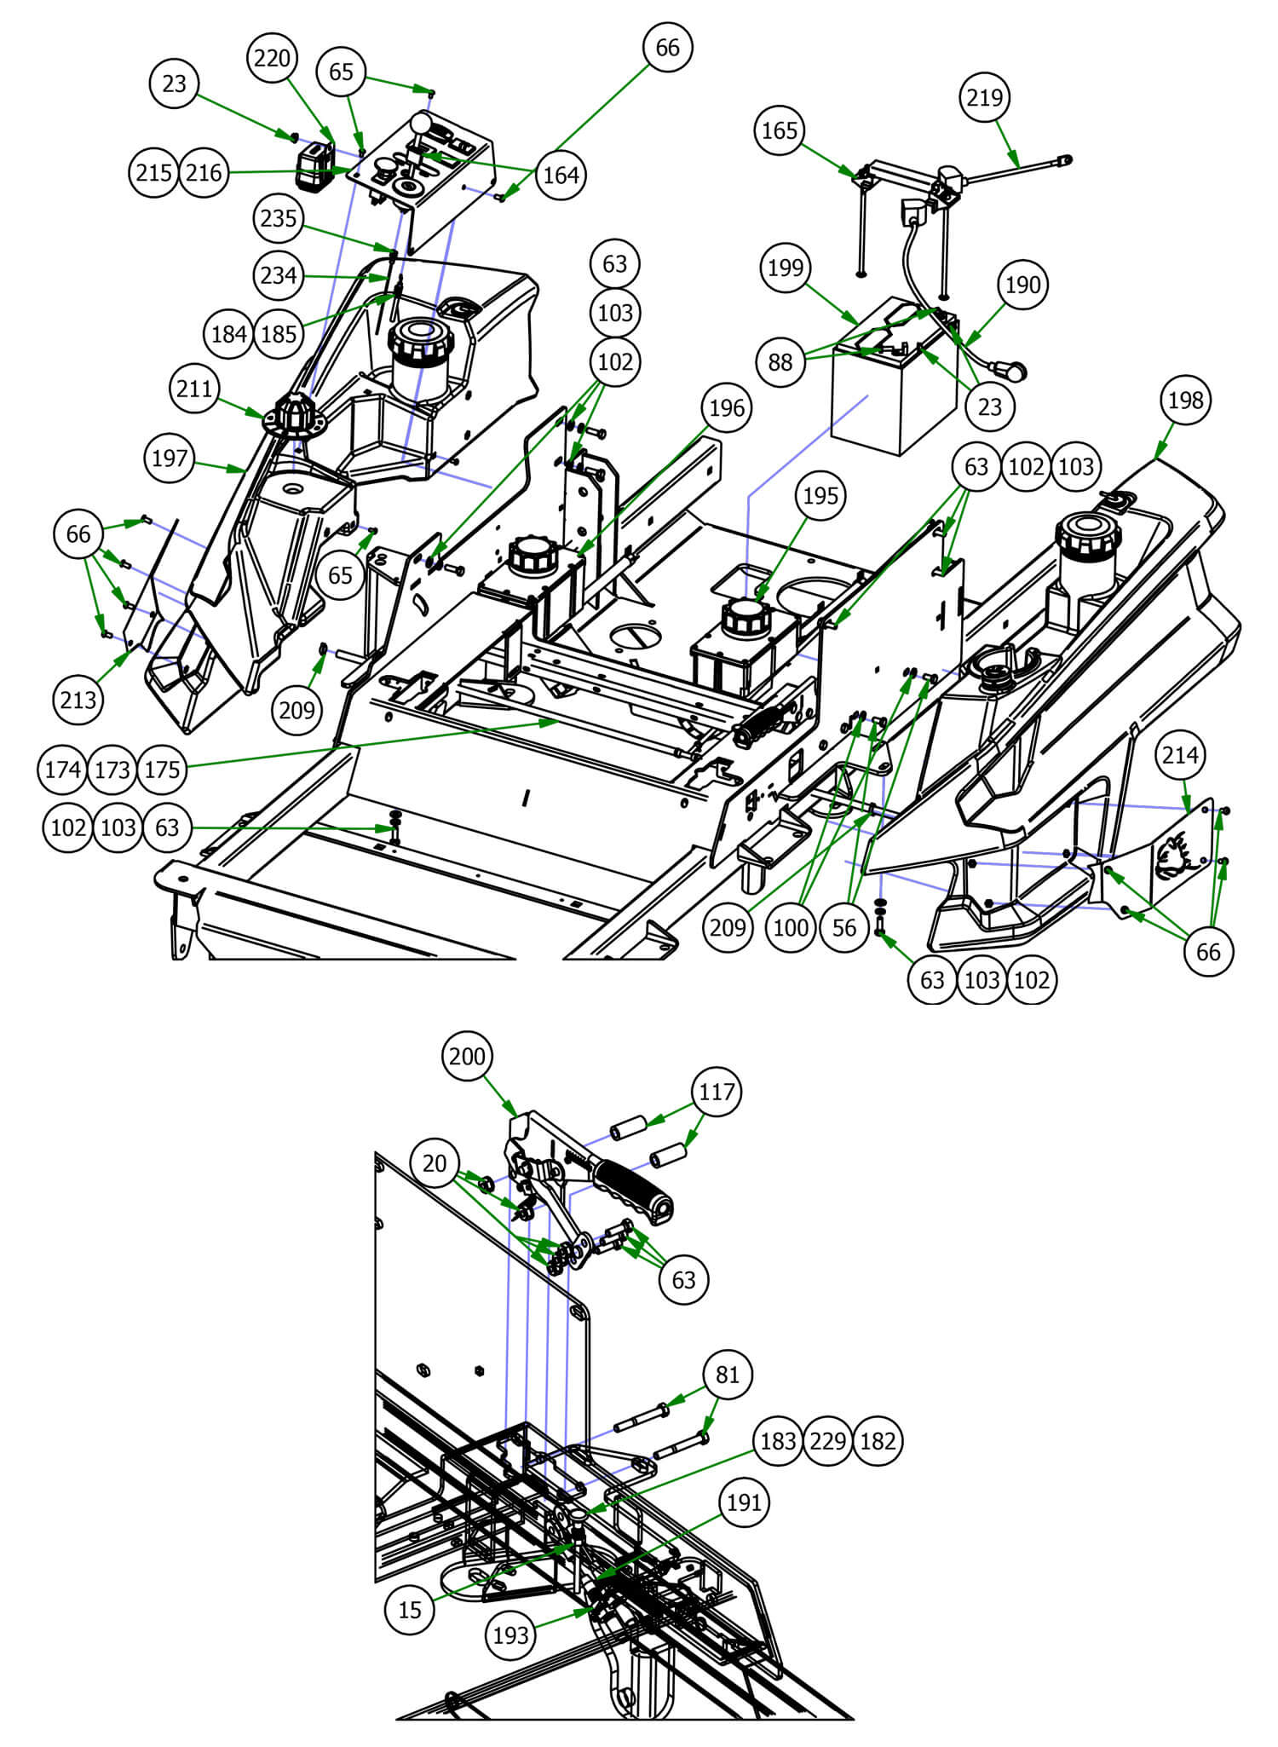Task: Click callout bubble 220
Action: (x=273, y=59)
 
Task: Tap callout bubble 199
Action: (x=785, y=268)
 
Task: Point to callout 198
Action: (x=1185, y=400)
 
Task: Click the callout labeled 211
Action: (x=194, y=389)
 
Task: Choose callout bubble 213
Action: (x=78, y=700)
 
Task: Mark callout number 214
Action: (x=1180, y=755)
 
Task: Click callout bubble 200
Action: (x=467, y=1057)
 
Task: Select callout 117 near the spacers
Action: (x=717, y=1092)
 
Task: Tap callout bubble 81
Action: (x=727, y=1375)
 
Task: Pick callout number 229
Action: (x=827, y=1441)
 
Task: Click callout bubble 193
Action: (x=510, y=1635)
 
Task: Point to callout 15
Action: (x=410, y=1609)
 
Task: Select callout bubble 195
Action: (x=820, y=495)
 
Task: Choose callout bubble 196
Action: (x=726, y=408)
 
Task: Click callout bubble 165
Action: (x=779, y=130)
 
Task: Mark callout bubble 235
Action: (x=279, y=219)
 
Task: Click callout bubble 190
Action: (x=1022, y=285)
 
